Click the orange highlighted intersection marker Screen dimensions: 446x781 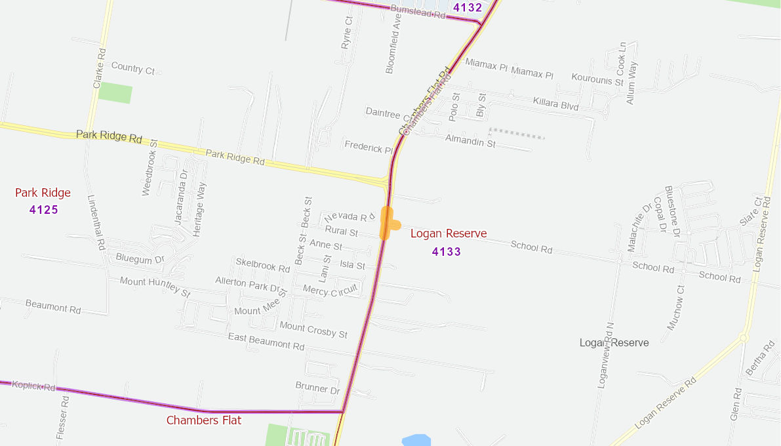coord(388,224)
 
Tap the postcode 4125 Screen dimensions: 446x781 coord(43,210)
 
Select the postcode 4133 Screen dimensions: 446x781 coord(446,251)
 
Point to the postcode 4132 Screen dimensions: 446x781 coord(468,8)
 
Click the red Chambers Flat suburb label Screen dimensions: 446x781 coord(204,420)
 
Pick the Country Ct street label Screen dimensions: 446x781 coord(132,68)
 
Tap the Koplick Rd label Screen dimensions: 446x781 coord(33,386)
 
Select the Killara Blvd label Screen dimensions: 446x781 coord(556,104)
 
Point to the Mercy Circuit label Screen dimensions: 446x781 coord(330,289)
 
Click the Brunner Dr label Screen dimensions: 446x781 coord(317,388)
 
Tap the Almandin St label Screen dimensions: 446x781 coord(470,141)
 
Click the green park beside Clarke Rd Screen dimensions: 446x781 coord(115,92)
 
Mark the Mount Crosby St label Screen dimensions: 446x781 coord(313,329)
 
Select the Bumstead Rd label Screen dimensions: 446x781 coord(417,11)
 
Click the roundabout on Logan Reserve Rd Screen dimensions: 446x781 coord(743,338)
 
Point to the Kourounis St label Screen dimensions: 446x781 coord(597,79)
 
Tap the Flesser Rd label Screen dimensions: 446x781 coord(62,417)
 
